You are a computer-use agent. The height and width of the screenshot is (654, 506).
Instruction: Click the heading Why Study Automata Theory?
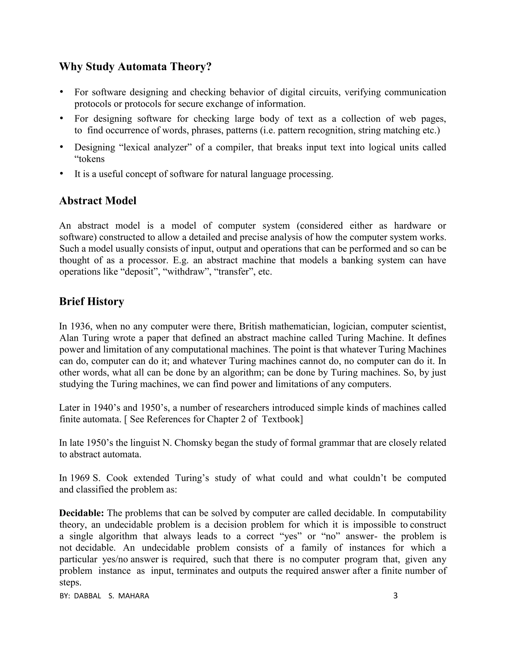pyautogui.click(x=135, y=66)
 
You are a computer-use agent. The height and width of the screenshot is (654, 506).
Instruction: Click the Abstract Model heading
pyautogui.click(x=98, y=201)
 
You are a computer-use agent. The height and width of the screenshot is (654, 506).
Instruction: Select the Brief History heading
pyautogui.click(x=91, y=301)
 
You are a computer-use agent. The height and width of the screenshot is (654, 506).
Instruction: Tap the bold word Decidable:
pyautogui.click(x=82, y=513)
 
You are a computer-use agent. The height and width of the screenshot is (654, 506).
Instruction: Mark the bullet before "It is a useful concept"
pyautogui.click(x=62, y=174)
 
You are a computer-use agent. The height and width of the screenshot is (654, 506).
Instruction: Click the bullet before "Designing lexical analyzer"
pyautogui.click(x=62, y=147)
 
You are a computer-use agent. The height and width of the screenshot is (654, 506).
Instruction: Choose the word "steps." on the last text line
pyautogui.click(x=70, y=582)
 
